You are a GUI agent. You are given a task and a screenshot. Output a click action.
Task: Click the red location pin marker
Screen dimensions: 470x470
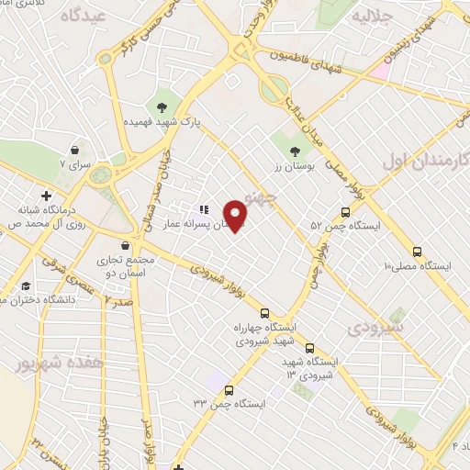pyautogui.click(x=236, y=216)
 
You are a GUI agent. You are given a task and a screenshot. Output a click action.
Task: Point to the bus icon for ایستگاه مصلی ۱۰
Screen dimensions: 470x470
pyautogui.click(x=418, y=251)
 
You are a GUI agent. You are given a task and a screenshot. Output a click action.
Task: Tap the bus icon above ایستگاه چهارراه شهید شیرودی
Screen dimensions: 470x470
pyautogui.click(x=264, y=313)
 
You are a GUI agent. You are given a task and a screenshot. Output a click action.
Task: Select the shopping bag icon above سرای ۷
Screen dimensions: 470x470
pyautogui.click(x=73, y=150)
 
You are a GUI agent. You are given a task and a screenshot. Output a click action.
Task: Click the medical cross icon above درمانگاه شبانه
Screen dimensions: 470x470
pyautogui.click(x=46, y=196)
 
